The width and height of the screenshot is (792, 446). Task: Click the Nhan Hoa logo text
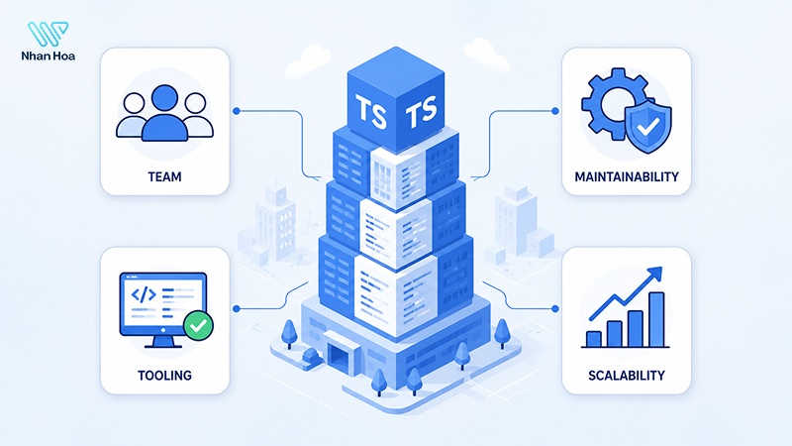coord(48,56)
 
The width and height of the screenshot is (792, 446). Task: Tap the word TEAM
coord(164,177)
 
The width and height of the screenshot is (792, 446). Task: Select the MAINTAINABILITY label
coord(627,177)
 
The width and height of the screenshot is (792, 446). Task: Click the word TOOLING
coord(164,376)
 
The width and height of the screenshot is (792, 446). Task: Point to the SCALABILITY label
coord(627,376)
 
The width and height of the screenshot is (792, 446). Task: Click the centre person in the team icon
coord(164,113)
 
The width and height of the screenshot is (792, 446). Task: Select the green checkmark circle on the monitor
coord(198,326)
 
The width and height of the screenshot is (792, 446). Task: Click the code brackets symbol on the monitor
coord(143,294)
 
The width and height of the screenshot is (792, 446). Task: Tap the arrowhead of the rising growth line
coord(654,274)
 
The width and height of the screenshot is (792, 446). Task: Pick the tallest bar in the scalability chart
coord(656,319)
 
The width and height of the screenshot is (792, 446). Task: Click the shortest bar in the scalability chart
coord(593,339)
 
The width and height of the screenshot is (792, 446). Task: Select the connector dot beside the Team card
coord(236,111)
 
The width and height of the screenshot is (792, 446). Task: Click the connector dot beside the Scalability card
coord(555,308)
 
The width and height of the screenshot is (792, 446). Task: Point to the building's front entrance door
coord(338,354)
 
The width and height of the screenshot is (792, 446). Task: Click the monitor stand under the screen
coord(162,342)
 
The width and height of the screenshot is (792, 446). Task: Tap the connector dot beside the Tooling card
coord(236,308)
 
